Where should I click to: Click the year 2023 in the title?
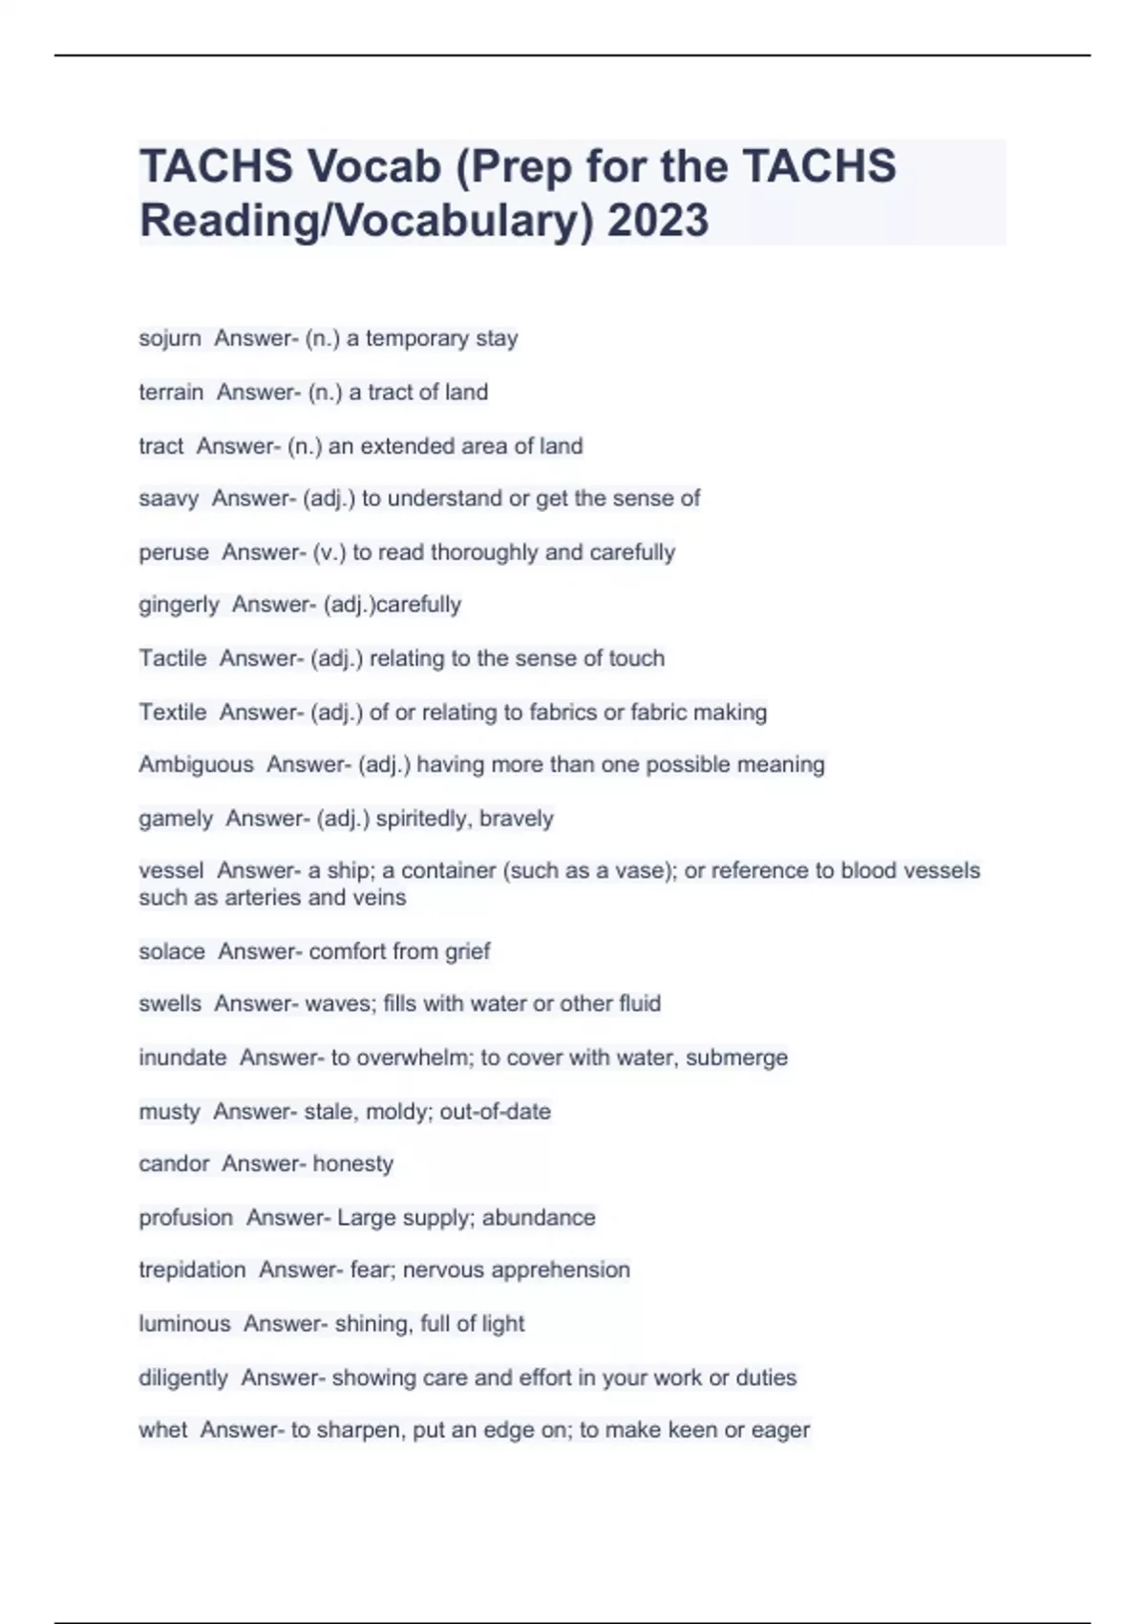tap(658, 220)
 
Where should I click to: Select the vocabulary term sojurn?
tap(170, 338)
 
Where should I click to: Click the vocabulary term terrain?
tap(171, 392)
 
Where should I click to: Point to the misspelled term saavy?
tap(168, 499)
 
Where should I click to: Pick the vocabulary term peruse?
tap(174, 552)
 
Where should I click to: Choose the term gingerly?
tap(179, 605)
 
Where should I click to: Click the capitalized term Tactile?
tap(173, 658)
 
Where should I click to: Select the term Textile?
tap(173, 712)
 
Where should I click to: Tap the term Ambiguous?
tap(196, 764)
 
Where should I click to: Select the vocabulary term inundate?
tap(182, 1058)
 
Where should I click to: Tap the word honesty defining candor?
tap(352, 1164)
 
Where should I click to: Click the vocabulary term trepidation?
tap(192, 1270)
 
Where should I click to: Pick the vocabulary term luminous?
tap(184, 1324)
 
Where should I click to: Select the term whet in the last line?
tap(163, 1430)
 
